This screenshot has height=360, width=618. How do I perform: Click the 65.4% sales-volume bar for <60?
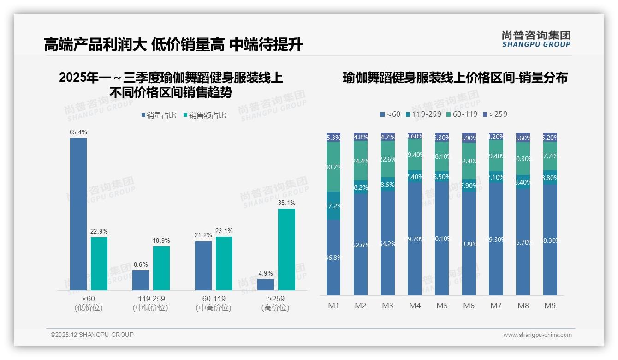[x=78, y=214]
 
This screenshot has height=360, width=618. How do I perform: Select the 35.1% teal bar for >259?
[x=286, y=249]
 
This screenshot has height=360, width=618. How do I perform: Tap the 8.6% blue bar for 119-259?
[x=141, y=280]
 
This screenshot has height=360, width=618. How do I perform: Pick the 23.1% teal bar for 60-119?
[x=224, y=264]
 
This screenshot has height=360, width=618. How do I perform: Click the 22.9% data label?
[x=99, y=231]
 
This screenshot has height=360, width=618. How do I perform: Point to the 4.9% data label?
[x=266, y=273]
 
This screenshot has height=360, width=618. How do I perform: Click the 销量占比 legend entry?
[x=159, y=115]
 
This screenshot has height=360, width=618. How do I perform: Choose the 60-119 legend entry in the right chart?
[x=462, y=114]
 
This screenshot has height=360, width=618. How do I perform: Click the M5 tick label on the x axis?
[x=442, y=306]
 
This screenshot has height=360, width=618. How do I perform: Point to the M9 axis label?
[x=550, y=306]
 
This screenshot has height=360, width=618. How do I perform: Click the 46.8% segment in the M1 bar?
[x=333, y=257]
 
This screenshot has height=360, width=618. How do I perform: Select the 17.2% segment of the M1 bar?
[x=333, y=206]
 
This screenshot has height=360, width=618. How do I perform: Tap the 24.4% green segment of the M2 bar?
[x=361, y=161]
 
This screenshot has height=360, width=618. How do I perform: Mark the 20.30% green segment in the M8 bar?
[x=523, y=159]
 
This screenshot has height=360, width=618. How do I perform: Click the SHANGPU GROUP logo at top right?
[x=536, y=39]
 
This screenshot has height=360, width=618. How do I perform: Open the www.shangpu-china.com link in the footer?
[x=537, y=335]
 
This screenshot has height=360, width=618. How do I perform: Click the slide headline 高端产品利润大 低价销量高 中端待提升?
[x=173, y=45]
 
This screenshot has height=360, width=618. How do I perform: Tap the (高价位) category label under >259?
[x=275, y=308]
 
